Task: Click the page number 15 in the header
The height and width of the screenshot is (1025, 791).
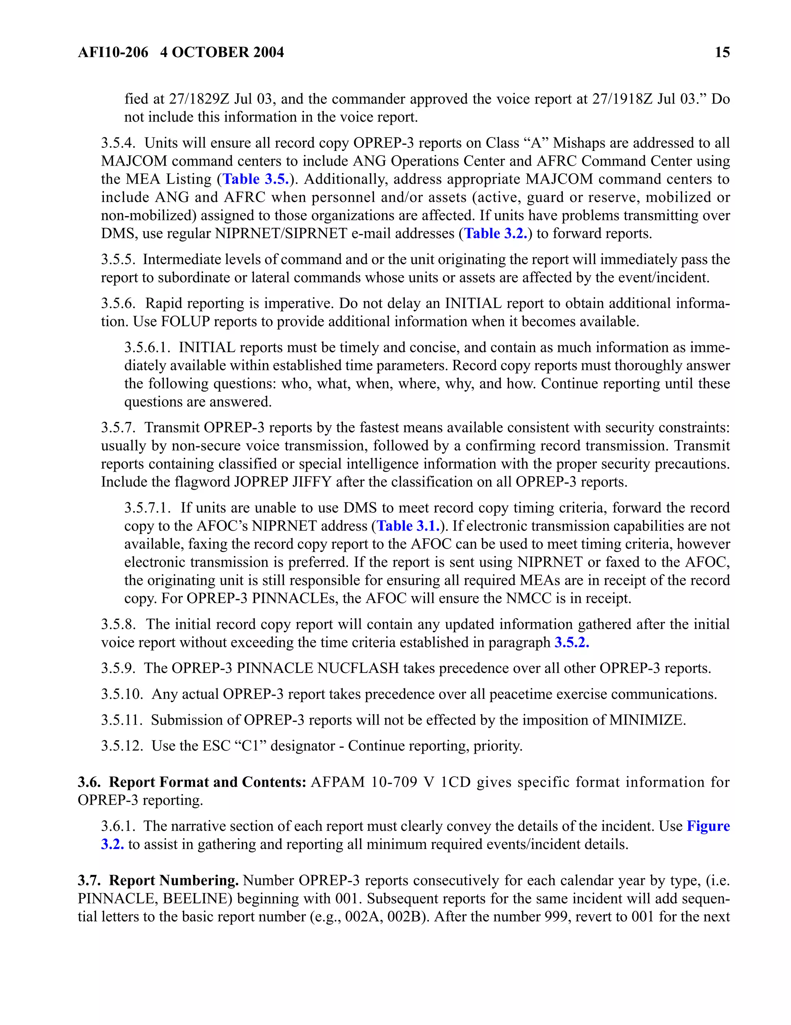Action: pyautogui.click(x=722, y=52)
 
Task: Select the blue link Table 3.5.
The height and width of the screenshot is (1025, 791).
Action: pyautogui.click(x=255, y=179)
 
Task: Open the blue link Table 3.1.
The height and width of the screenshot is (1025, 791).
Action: pyautogui.click(x=408, y=526)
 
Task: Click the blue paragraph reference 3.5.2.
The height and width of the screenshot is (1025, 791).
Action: pyautogui.click(x=572, y=642)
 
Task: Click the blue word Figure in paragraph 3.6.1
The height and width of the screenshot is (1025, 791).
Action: pyautogui.click(x=708, y=826)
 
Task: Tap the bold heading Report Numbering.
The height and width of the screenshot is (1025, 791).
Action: pyautogui.click(x=174, y=881)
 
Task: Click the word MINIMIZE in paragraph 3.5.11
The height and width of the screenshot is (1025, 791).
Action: pyautogui.click(x=647, y=720)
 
